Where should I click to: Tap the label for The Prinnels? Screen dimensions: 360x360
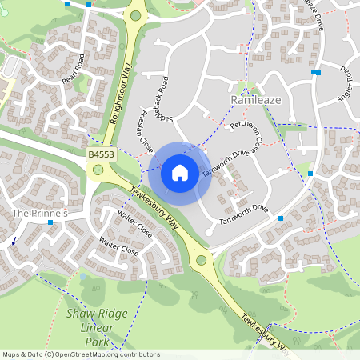tap(40, 214)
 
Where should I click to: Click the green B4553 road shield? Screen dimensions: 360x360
tap(100, 153)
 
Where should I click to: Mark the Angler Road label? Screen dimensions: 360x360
tap(346, 82)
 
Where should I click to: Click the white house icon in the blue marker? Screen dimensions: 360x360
tap(180, 173)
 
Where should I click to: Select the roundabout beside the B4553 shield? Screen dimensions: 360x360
tap(98, 170)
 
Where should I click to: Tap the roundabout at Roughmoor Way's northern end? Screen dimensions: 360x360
tap(136, 15)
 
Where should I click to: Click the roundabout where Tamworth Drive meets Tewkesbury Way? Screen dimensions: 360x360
tap(200, 259)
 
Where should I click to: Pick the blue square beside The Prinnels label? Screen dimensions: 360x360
tap(50, 223)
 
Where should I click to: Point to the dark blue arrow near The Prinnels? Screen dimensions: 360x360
tap(13, 239)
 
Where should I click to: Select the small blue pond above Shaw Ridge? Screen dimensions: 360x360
tap(83, 277)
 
